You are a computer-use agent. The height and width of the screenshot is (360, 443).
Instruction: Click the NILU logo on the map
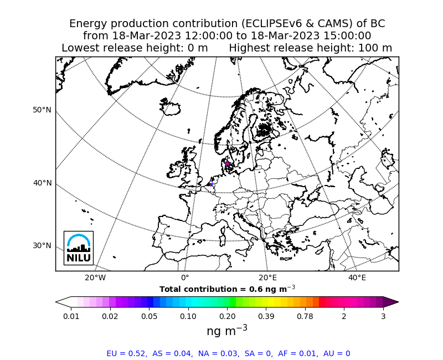click(78, 248)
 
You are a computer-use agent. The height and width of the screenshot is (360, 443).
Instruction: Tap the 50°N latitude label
click(42, 110)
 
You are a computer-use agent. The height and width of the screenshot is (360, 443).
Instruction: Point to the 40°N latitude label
click(42, 183)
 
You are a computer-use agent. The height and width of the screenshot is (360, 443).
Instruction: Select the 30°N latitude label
click(42, 245)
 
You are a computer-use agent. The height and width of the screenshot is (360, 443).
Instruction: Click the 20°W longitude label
click(95, 277)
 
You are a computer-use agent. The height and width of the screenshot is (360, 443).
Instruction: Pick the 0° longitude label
click(185, 277)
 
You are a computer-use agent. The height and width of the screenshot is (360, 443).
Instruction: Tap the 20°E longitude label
click(268, 277)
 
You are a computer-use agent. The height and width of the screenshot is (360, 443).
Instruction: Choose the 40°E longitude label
click(357, 277)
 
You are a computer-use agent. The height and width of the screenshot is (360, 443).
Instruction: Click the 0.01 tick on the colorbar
click(71, 316)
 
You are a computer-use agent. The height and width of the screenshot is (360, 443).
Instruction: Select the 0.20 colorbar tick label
click(227, 316)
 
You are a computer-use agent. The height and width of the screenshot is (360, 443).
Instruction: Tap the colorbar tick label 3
click(383, 316)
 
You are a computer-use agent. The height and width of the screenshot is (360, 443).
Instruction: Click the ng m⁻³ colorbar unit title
click(227, 331)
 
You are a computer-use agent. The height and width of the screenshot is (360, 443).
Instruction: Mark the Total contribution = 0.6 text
click(227, 289)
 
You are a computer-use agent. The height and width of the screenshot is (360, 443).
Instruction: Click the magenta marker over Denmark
click(227, 163)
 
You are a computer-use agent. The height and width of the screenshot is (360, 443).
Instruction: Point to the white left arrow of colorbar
click(63, 302)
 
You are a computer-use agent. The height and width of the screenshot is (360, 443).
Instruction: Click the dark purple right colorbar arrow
click(391, 302)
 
